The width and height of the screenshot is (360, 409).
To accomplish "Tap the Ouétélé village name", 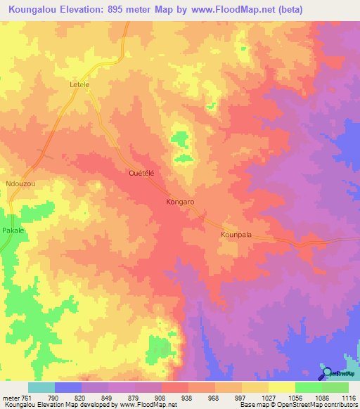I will pyautogui.click(x=141, y=172).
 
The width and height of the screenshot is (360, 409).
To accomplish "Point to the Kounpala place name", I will pyautogui.click(x=236, y=235).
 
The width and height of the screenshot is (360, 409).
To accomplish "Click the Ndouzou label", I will pyautogui.click(x=20, y=183).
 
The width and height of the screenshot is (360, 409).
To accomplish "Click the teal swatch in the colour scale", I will pyautogui.click(x=41, y=387).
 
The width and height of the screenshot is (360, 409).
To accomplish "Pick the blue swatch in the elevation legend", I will pyautogui.click(x=68, y=387).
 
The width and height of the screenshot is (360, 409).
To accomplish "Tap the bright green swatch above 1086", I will pyautogui.click(x=308, y=387).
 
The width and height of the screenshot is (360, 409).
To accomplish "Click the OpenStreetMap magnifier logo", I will pyautogui.click(x=327, y=374).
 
